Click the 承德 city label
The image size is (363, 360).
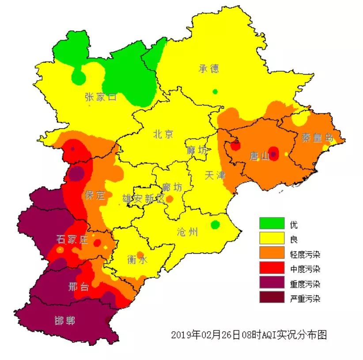coord(209,69)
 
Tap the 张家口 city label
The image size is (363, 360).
coord(101,97)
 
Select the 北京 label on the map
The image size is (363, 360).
coord(164,134)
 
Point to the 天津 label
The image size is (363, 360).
coord(215,175)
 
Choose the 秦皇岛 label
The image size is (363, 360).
coord(318,137)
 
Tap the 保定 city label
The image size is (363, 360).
coord(95,195)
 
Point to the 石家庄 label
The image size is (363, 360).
coord(72,240)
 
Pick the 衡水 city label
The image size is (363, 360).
coord(137,260)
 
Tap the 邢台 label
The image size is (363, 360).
coord(79,286)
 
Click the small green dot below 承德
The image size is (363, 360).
coord(215,91)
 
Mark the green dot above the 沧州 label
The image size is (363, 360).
coord(215,225)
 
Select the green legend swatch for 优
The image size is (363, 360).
coord(272,224)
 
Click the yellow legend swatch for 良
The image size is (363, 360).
coord(272,239)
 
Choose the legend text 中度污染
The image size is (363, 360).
coord(305,269)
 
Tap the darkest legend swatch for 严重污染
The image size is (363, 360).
coord(272,298)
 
